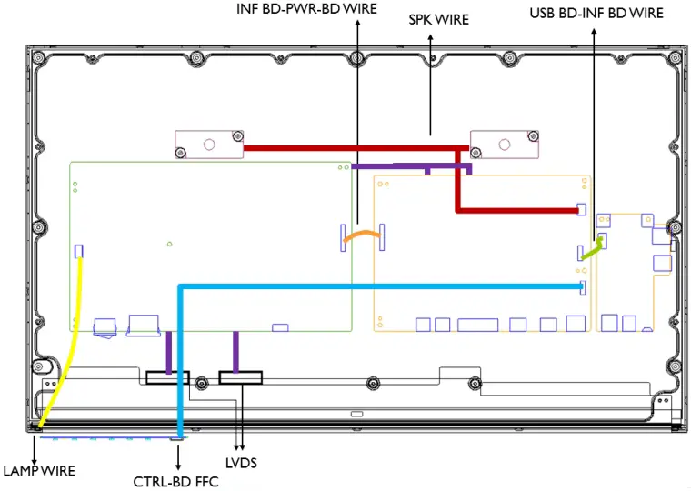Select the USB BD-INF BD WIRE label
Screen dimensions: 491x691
pyautogui.click(x=596, y=14)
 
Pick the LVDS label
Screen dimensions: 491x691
pyautogui.click(x=243, y=464)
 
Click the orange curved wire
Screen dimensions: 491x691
pyautogui.click(x=361, y=235)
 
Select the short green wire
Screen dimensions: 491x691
pyautogui.click(x=592, y=248)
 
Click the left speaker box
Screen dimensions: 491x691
pyautogui.click(x=209, y=143)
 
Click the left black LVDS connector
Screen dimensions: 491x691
pyautogui.click(x=167, y=376)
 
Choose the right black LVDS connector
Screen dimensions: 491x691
pyautogui.click(x=240, y=376)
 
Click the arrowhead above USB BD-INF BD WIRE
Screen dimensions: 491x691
pyautogui.click(x=594, y=28)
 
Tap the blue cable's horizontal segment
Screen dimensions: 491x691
pyautogui.click(x=382, y=287)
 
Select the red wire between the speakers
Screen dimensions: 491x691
pyautogui.click(x=355, y=148)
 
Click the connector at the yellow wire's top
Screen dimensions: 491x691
pyautogui.click(x=79, y=250)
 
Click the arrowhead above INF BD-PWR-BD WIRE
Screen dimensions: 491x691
pyautogui.click(x=356, y=23)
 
